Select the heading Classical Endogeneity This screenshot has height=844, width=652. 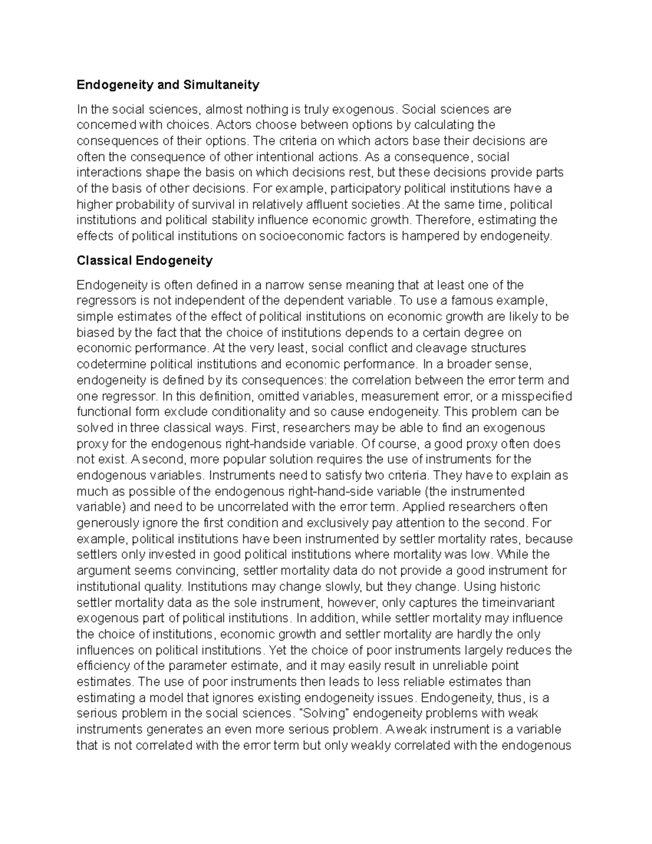[145, 260]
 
